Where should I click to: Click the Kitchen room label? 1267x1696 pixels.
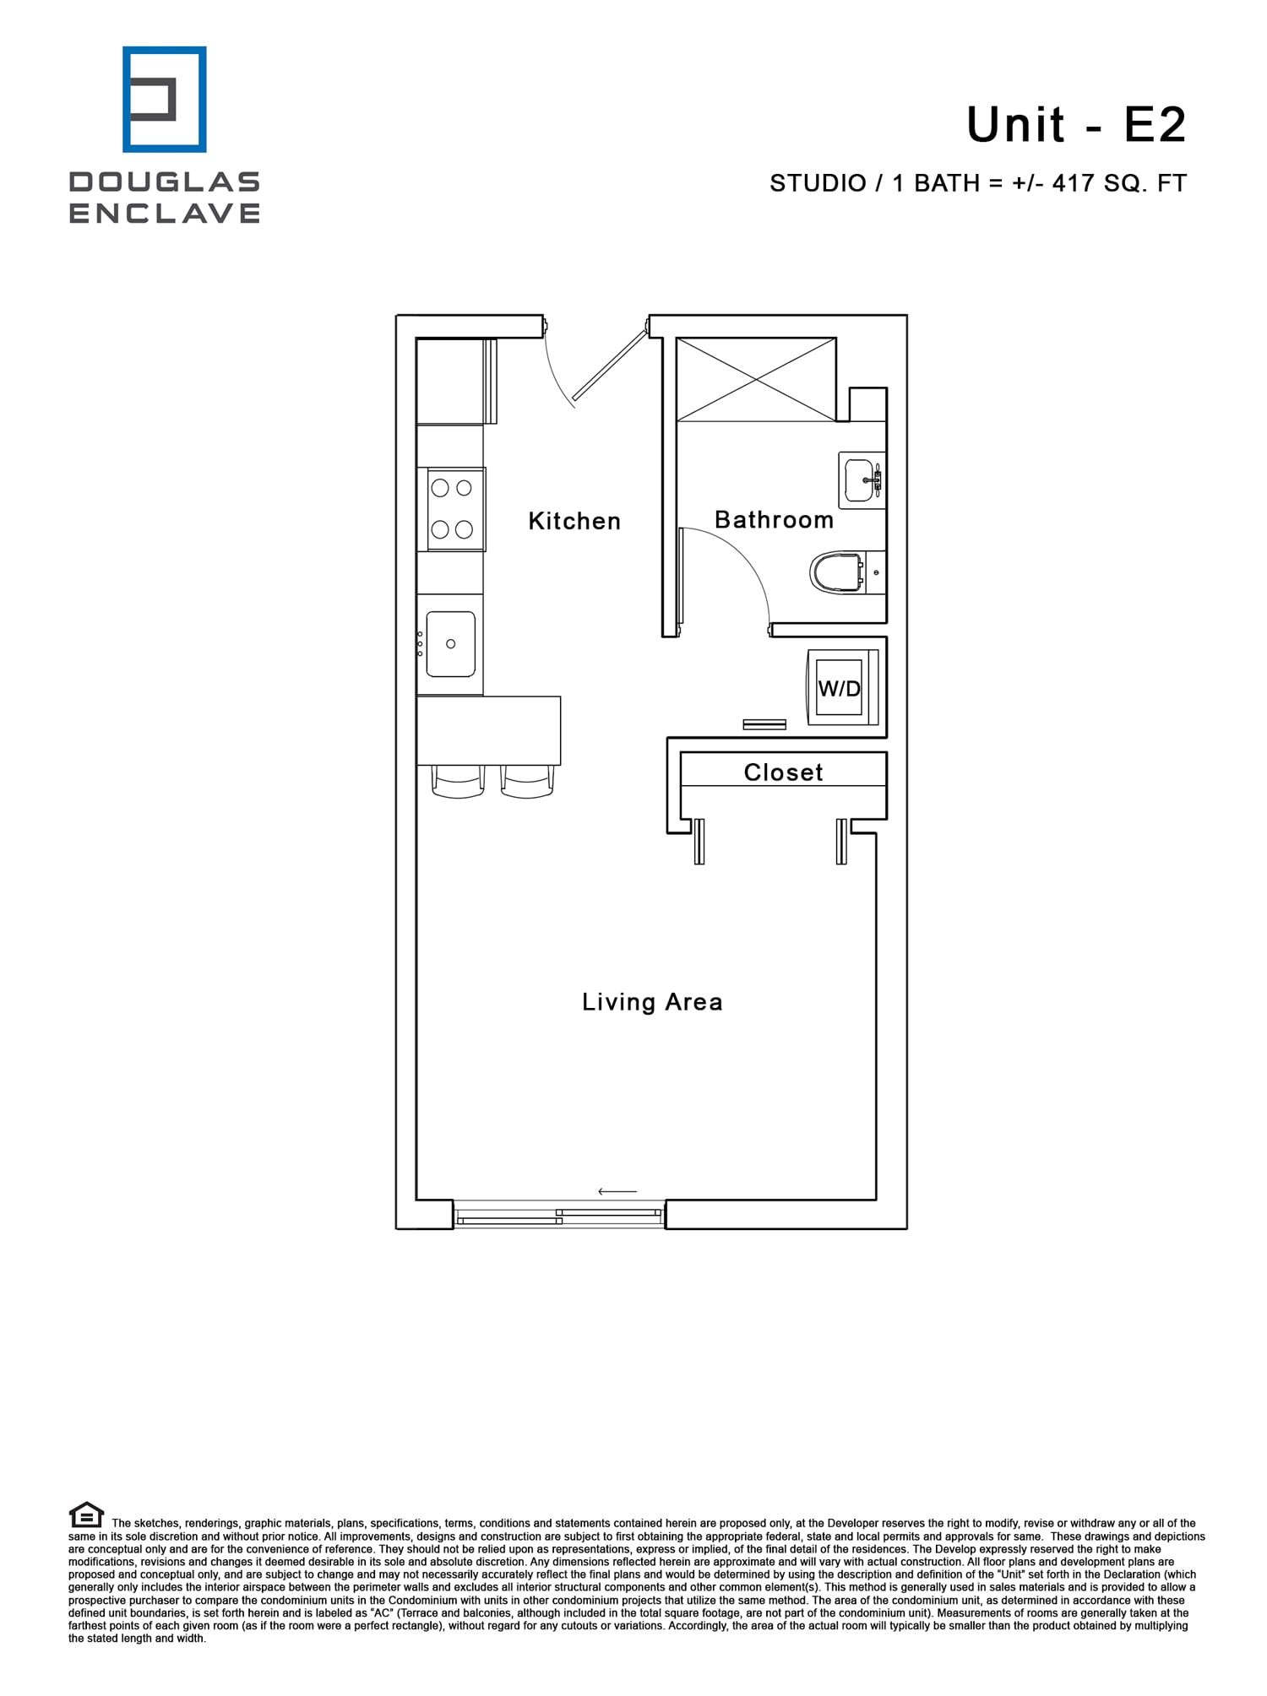tap(574, 521)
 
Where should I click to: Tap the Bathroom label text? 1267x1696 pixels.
tap(774, 519)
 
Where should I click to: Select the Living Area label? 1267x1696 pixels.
tap(652, 1002)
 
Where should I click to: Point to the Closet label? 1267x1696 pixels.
tap(783, 772)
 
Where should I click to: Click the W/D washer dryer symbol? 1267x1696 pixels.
tap(840, 688)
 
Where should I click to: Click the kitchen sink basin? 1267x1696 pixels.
tap(450, 644)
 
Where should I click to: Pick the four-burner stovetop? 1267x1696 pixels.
tap(453, 508)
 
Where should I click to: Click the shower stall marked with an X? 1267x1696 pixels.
tap(756, 379)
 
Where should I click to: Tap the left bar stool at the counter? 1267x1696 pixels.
tap(458, 782)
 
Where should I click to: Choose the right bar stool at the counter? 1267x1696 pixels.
tap(527, 782)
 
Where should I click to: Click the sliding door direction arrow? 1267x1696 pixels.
tap(617, 1191)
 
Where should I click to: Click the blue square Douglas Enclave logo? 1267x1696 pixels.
tap(165, 100)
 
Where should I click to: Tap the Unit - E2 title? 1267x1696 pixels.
tap(1076, 125)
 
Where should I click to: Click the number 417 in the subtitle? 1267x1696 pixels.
tap(1073, 183)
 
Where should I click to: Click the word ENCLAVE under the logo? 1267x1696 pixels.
tap(165, 214)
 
